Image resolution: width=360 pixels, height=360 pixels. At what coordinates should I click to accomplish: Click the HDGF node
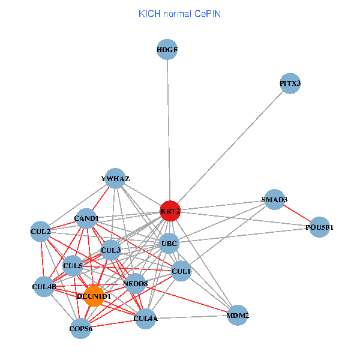coord(167,50)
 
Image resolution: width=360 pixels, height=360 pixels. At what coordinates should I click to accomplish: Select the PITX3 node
coord(290,83)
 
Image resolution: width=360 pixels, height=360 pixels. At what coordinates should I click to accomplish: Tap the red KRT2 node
coord(170,211)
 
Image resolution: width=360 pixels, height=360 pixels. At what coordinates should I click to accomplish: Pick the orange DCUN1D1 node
coord(94,296)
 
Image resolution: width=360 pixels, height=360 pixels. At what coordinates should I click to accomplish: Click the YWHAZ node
coord(115,178)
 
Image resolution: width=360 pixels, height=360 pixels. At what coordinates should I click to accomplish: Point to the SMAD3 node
coord(274,200)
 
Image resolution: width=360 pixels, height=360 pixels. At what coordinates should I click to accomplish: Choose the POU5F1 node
coord(319,227)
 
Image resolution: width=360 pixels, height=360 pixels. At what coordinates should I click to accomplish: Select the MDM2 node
coord(238,315)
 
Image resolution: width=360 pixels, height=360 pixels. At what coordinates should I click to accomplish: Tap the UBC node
coord(169,244)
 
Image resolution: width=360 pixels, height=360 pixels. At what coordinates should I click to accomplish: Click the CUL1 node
coord(181,271)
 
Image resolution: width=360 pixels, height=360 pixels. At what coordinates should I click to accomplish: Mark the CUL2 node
coord(41,231)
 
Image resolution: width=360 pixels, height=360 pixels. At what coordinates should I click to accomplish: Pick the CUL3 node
coord(111,250)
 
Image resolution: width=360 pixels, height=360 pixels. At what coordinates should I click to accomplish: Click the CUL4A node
coord(146,317)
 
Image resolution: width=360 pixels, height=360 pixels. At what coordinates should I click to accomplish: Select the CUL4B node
coord(44,287)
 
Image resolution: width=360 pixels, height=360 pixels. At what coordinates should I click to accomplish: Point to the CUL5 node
coord(73,265)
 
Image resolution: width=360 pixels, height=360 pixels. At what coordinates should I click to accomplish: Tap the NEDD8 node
coord(136,284)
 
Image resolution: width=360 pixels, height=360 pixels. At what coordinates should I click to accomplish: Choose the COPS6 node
coord(80,328)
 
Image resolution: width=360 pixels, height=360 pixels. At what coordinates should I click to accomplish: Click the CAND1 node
coord(86,218)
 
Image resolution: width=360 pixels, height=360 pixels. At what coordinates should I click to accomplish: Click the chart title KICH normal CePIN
coord(179,13)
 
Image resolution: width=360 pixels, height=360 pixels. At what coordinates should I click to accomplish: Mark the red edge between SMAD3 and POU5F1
coord(297,214)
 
